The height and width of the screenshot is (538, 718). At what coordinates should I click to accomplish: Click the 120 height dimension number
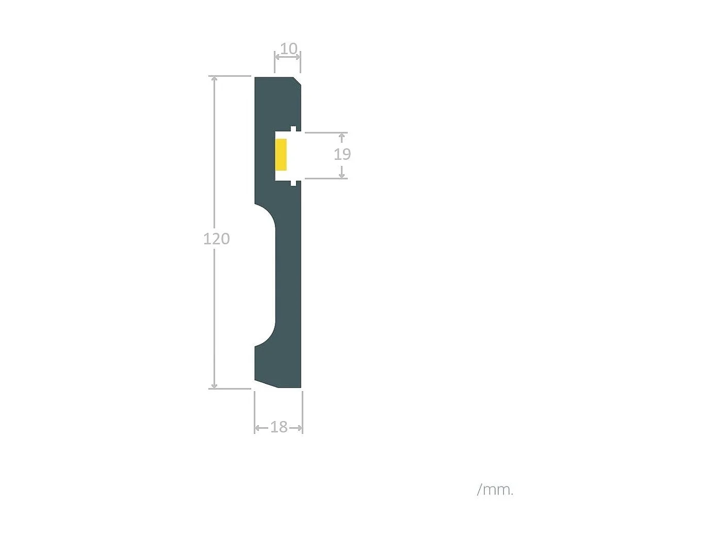(216, 239)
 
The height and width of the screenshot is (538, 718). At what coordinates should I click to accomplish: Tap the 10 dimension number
(288, 48)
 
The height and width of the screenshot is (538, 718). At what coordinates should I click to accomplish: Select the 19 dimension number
(342, 154)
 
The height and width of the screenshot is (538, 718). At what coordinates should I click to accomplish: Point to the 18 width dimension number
(279, 427)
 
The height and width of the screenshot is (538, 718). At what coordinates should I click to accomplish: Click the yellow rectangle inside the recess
(281, 155)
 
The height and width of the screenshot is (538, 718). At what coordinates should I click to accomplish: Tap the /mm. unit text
(495, 490)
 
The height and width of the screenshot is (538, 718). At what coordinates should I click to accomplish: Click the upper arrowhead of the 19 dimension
(341, 136)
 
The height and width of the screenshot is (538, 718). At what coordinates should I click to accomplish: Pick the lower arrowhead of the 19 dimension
(341, 175)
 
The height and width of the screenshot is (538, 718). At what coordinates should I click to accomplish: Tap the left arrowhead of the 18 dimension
(258, 428)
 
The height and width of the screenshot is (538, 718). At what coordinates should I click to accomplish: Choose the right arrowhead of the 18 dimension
(299, 428)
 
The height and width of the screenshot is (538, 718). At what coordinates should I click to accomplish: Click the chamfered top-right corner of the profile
(297, 81)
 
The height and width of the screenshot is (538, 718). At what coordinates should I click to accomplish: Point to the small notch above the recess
(293, 128)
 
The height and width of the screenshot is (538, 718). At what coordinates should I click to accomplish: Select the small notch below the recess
(293, 183)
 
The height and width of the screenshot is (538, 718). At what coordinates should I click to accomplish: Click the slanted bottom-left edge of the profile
(266, 384)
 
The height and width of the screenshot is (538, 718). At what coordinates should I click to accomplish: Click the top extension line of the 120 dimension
(230, 76)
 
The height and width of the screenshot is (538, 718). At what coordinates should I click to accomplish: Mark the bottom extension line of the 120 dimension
(230, 389)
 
